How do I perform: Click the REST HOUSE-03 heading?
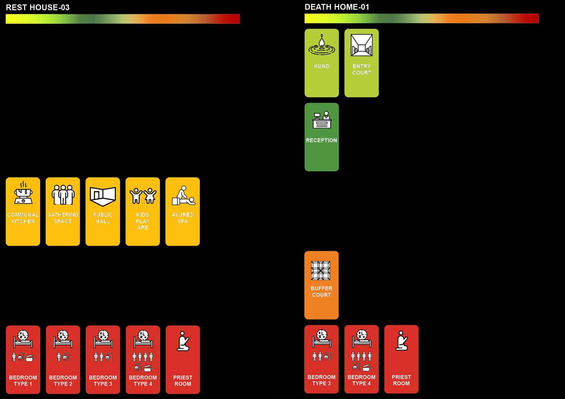38,8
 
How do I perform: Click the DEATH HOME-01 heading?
337,7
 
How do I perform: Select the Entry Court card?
361,63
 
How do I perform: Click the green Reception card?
321,137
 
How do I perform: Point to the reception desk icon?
322,120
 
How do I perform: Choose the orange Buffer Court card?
321,285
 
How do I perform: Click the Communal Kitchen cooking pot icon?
23,194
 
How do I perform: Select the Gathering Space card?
63,212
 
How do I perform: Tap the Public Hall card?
103,212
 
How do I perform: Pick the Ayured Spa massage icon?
183,196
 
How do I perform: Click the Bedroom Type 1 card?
23,359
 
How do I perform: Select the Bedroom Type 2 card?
63,359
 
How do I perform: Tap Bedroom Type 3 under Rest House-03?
103,359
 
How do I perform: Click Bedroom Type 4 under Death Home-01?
361,359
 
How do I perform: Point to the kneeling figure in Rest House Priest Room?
183,341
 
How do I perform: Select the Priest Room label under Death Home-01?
401,380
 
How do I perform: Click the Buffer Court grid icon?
321,271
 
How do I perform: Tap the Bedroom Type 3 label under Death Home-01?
321,380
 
